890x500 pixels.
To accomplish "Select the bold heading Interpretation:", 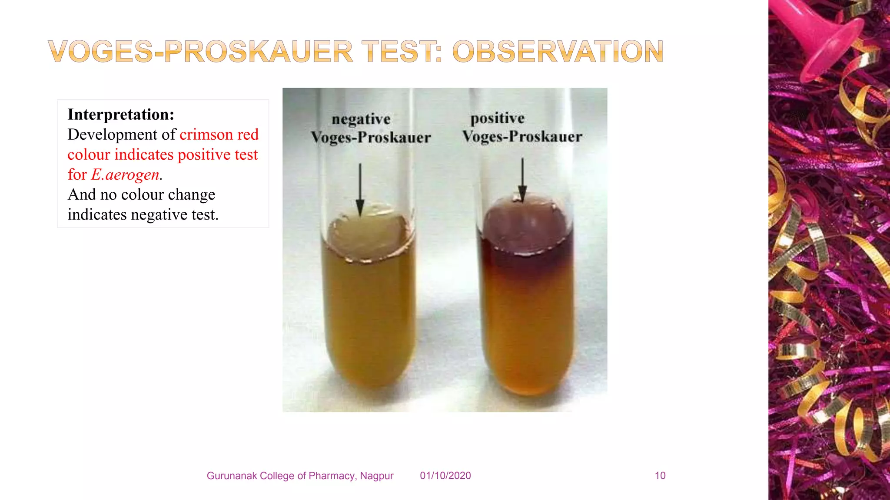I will tap(121, 115).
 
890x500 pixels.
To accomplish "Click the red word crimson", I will tap(206, 135).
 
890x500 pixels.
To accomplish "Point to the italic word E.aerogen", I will tap(125, 174).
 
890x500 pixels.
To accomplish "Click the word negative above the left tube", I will tap(361, 119).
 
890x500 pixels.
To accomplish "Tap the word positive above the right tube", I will tap(498, 118).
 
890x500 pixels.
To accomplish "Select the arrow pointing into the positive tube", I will tap(522, 180).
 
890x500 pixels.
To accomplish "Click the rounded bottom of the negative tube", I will tap(369, 373).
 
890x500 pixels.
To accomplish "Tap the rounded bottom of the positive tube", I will tap(528, 380).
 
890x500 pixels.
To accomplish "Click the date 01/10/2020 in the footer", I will tap(445, 476).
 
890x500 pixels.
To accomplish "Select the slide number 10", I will tap(660, 476).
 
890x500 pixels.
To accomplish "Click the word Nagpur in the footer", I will tap(377, 476).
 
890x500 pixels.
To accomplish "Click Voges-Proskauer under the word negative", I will tap(371, 138).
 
